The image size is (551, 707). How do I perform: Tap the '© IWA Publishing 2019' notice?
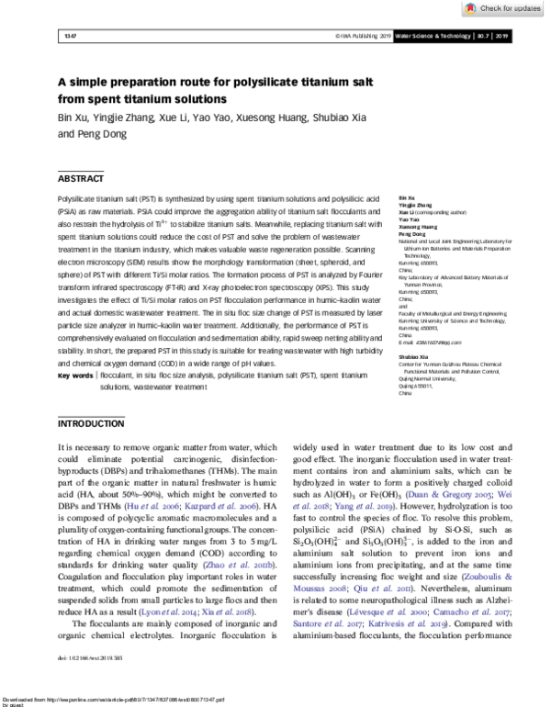coord(366,36)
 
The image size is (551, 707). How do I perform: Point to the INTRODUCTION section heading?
coord(93,424)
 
